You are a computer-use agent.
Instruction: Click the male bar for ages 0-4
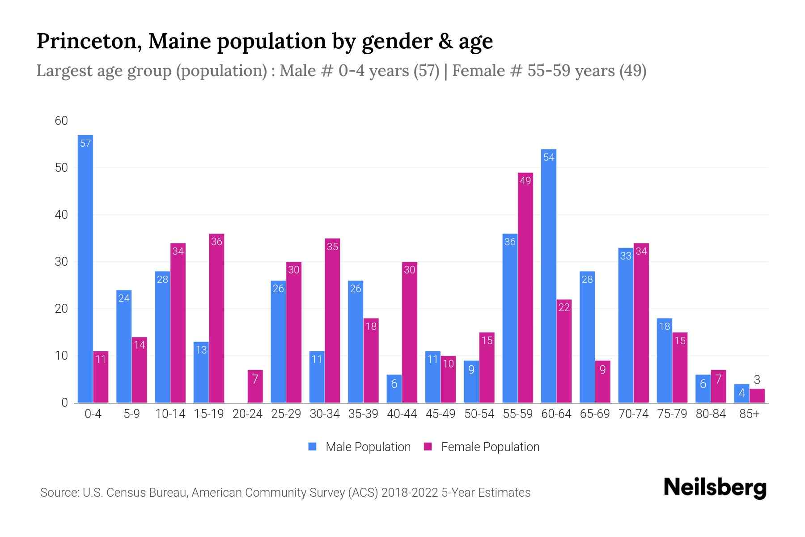pyautogui.click(x=85, y=268)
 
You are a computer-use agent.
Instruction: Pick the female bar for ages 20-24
pyautogui.click(x=255, y=387)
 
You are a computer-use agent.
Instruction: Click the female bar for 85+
pyautogui.click(x=757, y=396)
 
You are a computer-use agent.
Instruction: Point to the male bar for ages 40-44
pyautogui.click(x=394, y=389)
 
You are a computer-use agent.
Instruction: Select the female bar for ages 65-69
pyautogui.click(x=602, y=382)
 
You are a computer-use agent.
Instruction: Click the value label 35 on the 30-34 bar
pyautogui.click(x=332, y=247)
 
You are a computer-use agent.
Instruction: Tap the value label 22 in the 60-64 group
pyautogui.click(x=564, y=307)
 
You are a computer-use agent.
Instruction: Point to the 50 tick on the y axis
pyautogui.click(x=61, y=168)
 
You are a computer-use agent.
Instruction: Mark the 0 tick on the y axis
pyautogui.click(x=64, y=403)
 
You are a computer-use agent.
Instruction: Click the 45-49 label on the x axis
pyautogui.click(x=440, y=414)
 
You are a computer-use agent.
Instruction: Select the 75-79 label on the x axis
pyautogui.click(x=672, y=414)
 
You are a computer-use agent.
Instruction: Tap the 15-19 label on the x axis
pyautogui.click(x=208, y=414)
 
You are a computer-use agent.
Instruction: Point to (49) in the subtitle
pyautogui.click(x=632, y=71)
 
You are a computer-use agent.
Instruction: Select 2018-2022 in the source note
pyautogui.click(x=410, y=493)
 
